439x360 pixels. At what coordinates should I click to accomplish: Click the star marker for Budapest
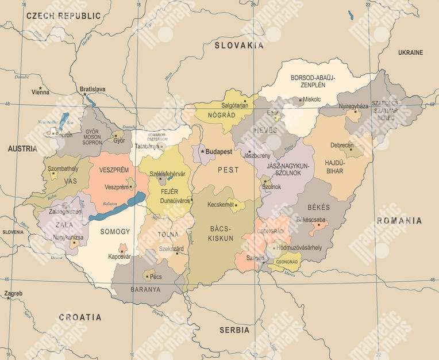point(202,152)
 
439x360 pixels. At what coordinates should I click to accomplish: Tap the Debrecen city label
point(342,145)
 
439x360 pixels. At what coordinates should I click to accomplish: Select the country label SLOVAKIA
point(239,45)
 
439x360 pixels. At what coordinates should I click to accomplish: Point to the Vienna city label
point(40,92)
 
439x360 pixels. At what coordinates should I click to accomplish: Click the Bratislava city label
point(93,89)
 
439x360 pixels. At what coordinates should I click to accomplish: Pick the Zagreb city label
point(13,293)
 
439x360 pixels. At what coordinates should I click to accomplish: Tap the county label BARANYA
point(145,289)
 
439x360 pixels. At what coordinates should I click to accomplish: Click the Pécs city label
point(155,277)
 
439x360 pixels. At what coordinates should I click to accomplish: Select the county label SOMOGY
point(115,232)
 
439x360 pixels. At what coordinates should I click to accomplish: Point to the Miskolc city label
point(312,99)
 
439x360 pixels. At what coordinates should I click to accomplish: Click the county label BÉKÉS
point(319,206)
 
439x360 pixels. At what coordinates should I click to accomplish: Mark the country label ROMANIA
point(399,220)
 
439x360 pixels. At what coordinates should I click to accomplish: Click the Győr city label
point(119,140)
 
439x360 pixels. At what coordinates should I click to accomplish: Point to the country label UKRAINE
point(410,52)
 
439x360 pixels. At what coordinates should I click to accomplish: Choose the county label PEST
point(228,170)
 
